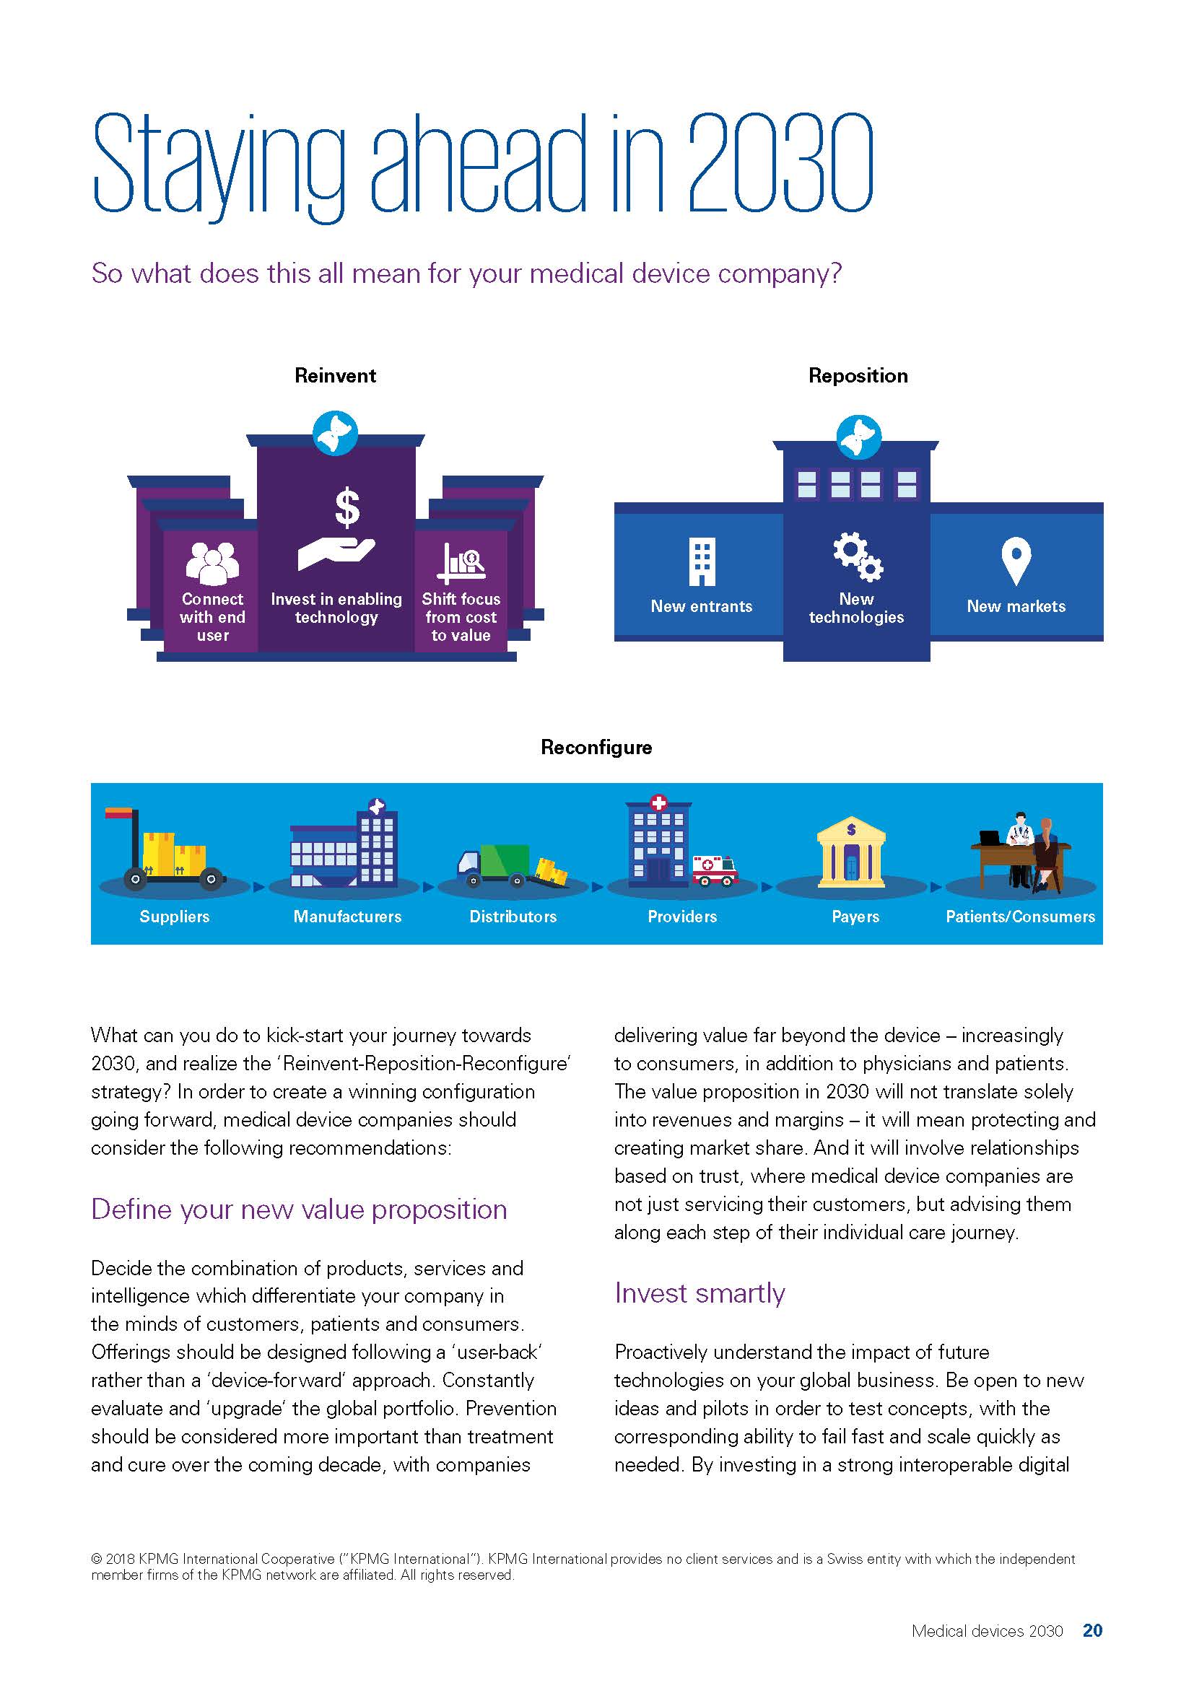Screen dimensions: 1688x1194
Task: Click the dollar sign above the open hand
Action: click(347, 507)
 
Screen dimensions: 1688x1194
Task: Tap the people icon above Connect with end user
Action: click(212, 561)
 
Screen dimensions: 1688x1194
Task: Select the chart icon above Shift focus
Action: click(461, 562)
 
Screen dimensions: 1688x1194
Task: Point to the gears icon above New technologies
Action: click(858, 556)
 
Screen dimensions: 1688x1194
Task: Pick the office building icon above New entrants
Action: click(702, 561)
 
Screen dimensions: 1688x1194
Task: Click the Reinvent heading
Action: click(335, 376)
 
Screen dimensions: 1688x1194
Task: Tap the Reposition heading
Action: click(858, 376)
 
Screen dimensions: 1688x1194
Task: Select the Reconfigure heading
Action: click(596, 748)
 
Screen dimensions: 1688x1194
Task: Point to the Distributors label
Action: click(513, 917)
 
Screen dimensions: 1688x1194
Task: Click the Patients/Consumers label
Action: click(1020, 917)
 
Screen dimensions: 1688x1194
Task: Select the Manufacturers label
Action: click(347, 917)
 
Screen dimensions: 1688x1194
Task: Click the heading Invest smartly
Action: click(700, 1293)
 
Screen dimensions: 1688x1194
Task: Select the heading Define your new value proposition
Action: click(300, 1210)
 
